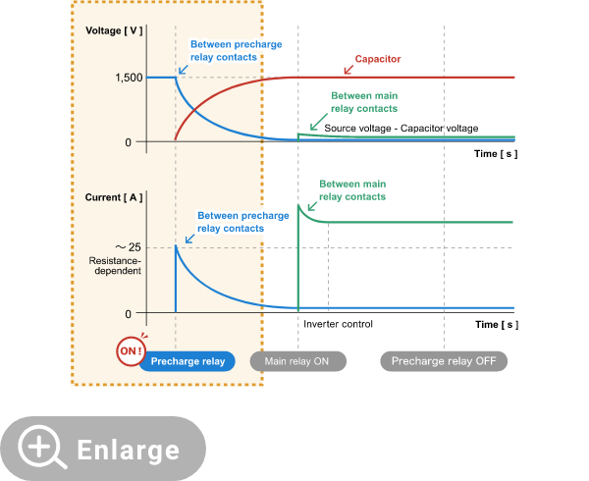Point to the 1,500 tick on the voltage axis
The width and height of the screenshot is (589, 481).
coord(127,78)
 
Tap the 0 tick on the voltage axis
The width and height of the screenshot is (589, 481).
coord(128,142)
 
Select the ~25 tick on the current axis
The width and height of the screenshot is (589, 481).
coord(128,247)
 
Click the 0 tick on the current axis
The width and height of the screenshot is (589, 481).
coord(128,314)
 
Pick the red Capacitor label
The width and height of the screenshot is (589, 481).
coord(379,59)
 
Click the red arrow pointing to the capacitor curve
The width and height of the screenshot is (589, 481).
coord(348,69)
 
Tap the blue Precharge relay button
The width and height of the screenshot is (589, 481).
coord(187,361)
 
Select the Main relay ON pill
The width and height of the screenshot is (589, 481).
coord(297,361)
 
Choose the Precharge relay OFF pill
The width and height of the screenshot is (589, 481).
coord(444,361)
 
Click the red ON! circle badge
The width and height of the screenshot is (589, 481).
coord(131,350)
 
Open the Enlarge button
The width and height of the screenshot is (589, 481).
coord(103,449)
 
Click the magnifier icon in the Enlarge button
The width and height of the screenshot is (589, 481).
coord(41,449)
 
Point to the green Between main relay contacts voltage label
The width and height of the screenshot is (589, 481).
coord(364,102)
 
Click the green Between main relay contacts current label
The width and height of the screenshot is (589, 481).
coord(352,190)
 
